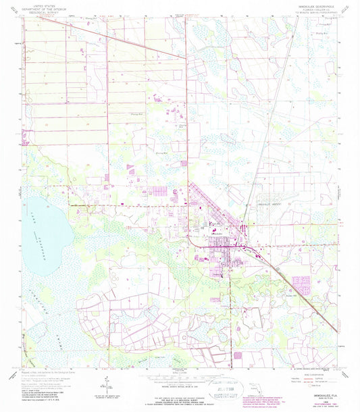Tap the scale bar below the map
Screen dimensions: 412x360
[179, 376]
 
